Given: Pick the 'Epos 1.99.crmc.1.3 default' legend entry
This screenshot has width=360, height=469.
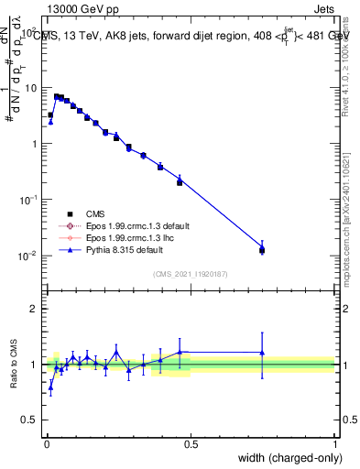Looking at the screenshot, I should (128, 225).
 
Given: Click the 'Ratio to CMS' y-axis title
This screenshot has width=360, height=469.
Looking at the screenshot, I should (16, 364).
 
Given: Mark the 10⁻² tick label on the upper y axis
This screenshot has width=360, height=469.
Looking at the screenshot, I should (28, 256).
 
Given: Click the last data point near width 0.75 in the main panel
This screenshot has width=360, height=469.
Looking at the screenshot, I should (262, 249).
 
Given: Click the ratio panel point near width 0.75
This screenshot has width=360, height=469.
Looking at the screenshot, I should (262, 353).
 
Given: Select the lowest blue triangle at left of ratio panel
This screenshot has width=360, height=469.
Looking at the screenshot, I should (50, 387).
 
